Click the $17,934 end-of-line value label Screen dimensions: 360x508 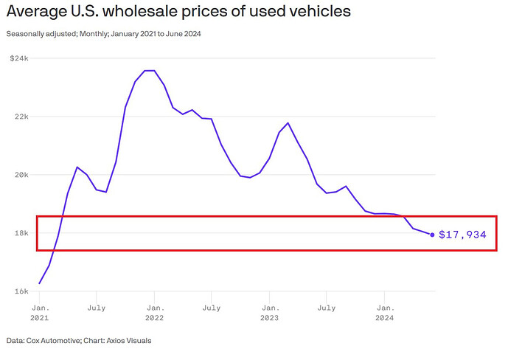(x=462, y=235)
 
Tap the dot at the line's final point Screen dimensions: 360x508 (x=432, y=235)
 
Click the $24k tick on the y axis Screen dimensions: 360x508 (x=18, y=58)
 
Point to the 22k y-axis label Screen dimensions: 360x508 (x=20, y=117)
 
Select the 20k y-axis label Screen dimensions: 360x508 (x=20, y=175)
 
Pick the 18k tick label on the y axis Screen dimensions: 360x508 (x=20, y=233)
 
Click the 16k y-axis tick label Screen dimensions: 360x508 (x=20, y=291)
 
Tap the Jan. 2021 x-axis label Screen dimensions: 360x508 (x=39, y=311)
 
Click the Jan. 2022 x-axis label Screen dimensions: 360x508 (x=154, y=311)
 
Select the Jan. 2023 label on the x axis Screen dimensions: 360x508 (x=270, y=311)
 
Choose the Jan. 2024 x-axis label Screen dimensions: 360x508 (x=385, y=311)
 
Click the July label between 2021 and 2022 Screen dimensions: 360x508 (x=97, y=305)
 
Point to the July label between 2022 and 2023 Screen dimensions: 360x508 (x=212, y=305)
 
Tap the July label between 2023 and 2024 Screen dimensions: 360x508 (x=327, y=305)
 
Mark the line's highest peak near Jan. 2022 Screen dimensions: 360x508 (x=149, y=71)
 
